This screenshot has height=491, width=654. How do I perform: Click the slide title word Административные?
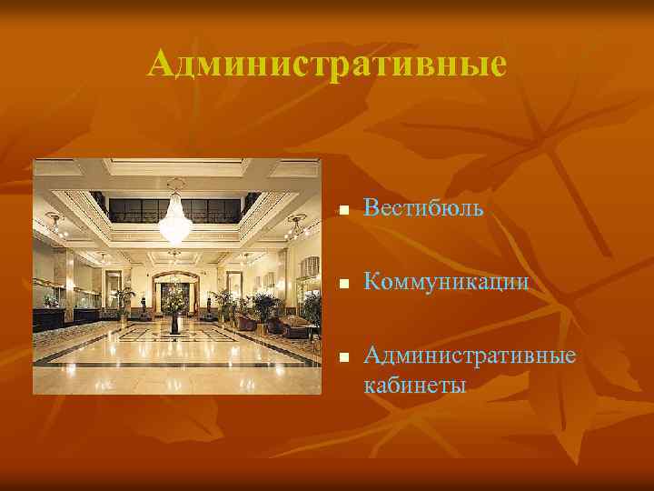coord(326,65)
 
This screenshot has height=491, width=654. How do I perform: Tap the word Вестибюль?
coord(423,209)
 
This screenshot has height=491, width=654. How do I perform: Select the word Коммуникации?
coord(446,283)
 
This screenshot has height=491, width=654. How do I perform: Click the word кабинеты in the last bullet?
coord(414,385)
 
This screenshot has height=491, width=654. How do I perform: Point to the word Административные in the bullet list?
coord(470,354)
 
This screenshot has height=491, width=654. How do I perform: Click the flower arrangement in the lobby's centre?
coord(173,297)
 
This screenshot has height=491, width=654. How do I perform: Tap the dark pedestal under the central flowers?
coord(174,324)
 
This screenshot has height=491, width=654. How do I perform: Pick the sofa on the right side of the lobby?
coord(295,326)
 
